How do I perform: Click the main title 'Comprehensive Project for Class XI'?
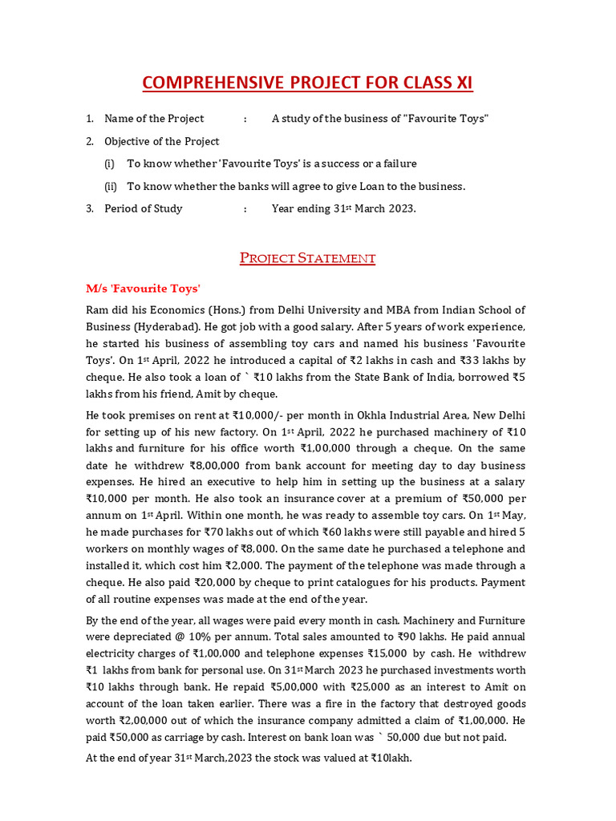(x=307, y=83)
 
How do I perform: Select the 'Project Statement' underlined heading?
(x=308, y=258)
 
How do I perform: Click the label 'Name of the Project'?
(x=154, y=119)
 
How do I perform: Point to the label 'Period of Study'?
(x=144, y=208)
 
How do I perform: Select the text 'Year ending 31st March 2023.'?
(x=344, y=208)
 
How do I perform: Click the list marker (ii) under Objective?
(x=111, y=186)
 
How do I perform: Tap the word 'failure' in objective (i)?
(x=397, y=164)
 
